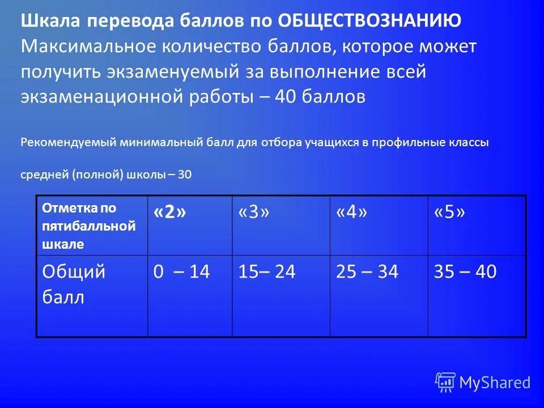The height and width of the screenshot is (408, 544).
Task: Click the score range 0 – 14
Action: pos(181,272)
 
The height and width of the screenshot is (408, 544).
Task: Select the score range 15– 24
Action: pos(266,272)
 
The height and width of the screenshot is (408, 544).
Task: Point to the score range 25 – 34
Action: pos(367,272)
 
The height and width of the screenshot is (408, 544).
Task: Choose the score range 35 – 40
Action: pos(465,272)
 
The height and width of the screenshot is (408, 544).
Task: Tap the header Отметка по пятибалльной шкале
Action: pos(89,226)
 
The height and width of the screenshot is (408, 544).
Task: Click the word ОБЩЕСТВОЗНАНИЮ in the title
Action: pos(369,22)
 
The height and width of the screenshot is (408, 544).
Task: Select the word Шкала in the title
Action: pos(49,22)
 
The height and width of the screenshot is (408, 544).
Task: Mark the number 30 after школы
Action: pos(185,175)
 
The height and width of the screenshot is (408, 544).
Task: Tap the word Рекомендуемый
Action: pos(69,143)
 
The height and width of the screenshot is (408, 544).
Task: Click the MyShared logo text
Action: pos(495,382)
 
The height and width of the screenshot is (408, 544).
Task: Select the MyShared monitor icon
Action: pos(445,382)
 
